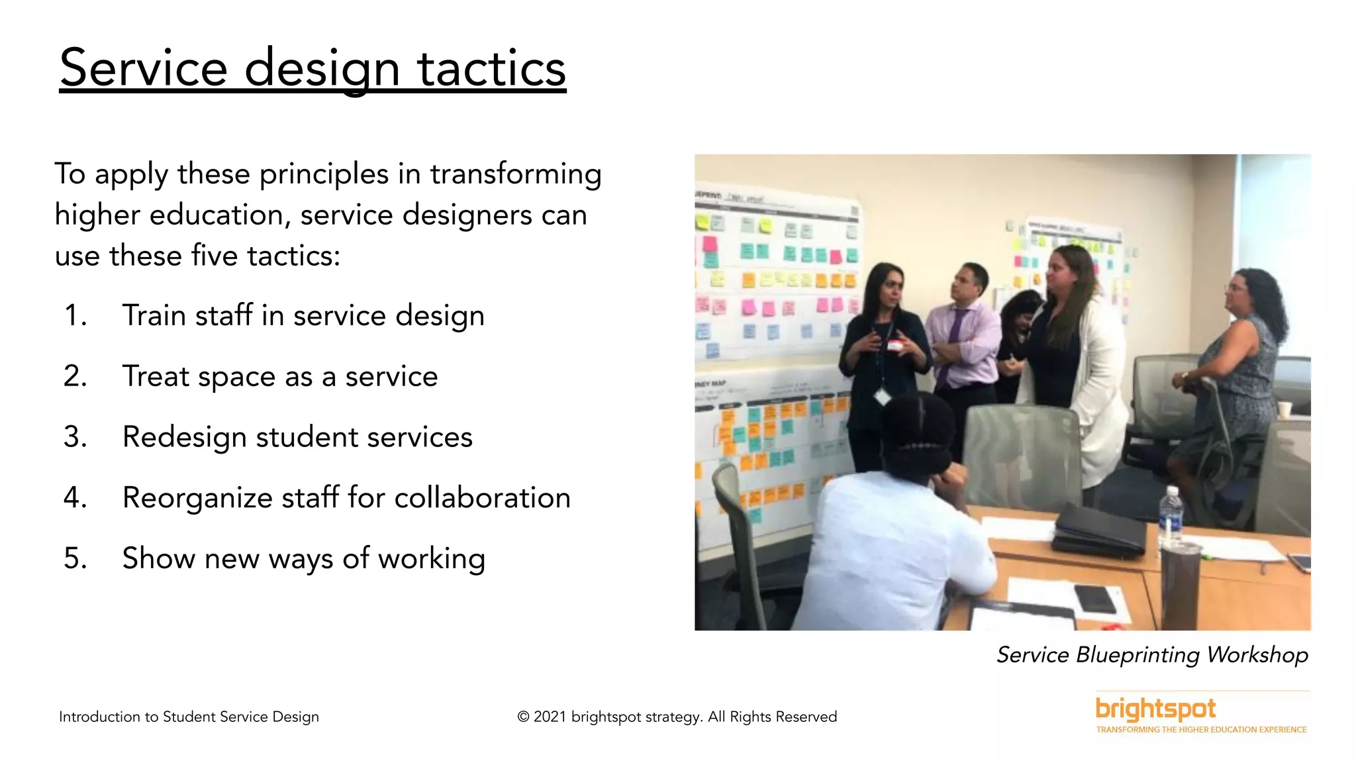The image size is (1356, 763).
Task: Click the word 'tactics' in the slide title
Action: point(491,68)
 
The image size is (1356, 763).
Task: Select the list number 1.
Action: point(74,315)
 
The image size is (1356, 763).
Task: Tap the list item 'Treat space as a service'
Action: point(279,377)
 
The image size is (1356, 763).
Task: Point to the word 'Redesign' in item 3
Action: point(183,438)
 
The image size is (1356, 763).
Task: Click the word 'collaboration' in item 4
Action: point(482,498)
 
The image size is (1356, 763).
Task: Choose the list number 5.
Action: point(75,558)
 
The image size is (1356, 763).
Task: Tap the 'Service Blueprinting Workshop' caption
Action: point(1152,655)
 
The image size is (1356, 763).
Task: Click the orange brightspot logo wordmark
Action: point(1155,709)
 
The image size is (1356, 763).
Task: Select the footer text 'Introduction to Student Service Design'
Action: point(189,717)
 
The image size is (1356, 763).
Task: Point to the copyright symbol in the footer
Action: point(523,717)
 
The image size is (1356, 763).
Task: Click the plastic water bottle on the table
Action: point(1171,513)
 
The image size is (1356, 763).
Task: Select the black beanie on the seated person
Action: point(917,431)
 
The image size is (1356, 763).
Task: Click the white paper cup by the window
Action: point(1284,409)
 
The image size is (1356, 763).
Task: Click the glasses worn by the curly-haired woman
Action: point(1235,287)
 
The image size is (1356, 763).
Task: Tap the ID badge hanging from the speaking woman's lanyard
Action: point(881,397)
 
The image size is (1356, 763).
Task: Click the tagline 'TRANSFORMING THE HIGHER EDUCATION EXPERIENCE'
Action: point(1201,730)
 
